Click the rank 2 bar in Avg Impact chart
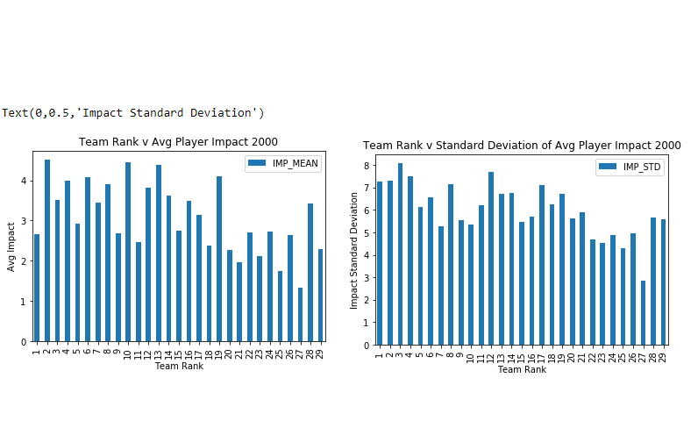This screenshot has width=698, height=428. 47,251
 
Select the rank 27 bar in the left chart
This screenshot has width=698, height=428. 300,315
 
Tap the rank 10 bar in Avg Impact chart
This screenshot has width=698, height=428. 128,252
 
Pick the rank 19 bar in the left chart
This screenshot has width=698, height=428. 219,260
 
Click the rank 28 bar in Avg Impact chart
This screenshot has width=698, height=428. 310,273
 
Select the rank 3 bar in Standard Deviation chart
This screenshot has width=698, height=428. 400,254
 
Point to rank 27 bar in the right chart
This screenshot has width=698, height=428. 643,313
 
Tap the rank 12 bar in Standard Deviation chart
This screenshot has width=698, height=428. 491,259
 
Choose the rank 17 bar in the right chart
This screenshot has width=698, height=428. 542,266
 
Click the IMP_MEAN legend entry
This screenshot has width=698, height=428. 283,163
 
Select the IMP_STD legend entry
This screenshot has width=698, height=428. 630,167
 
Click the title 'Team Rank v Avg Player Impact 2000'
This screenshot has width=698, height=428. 178,141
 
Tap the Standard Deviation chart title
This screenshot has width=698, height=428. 522,146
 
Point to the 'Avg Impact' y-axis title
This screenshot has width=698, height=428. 11,246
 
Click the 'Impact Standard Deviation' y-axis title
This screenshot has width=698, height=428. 353,250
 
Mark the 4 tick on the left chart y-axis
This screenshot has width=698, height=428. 24,181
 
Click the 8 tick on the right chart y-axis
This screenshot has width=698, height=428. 367,165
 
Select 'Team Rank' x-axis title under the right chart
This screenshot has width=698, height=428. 522,369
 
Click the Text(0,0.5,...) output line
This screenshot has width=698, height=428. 132,112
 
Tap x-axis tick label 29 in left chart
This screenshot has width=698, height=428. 320,354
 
